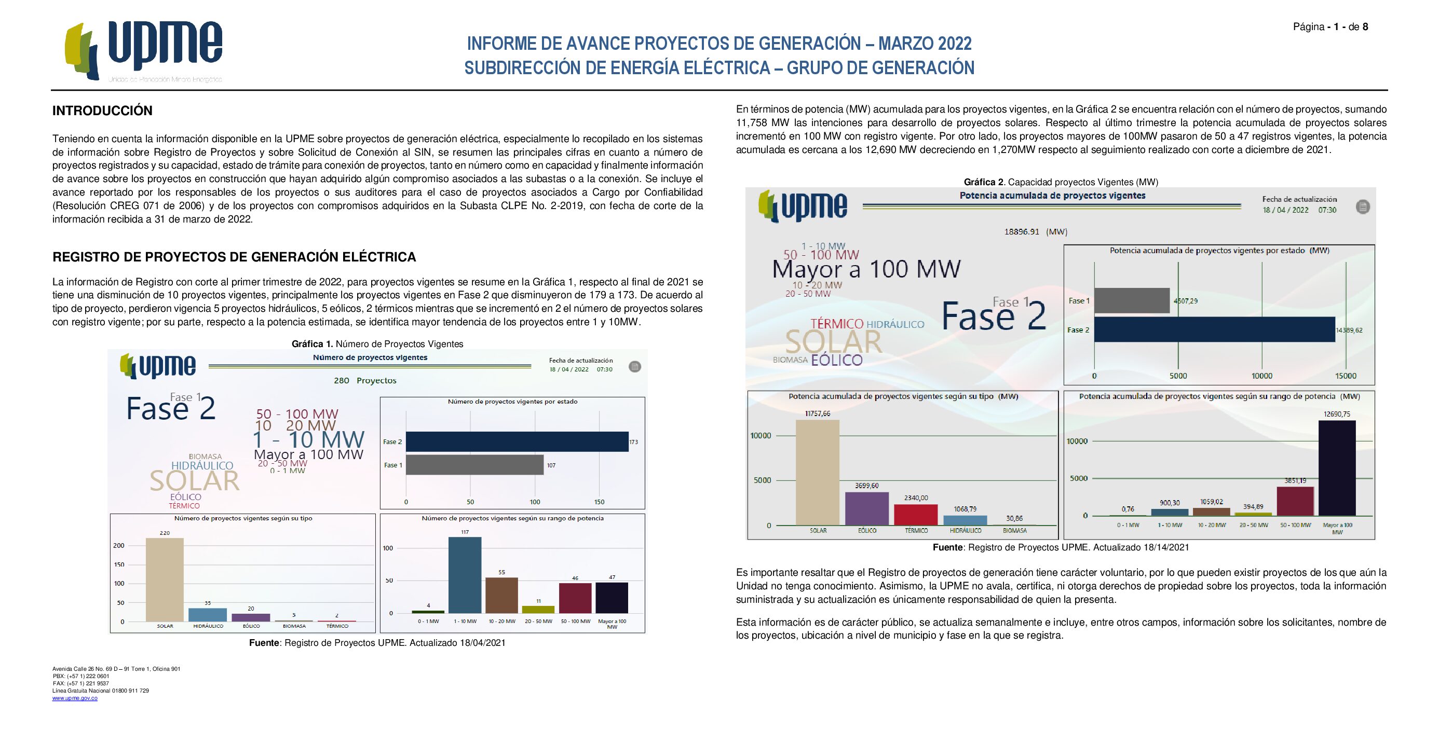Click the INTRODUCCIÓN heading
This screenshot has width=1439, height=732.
(102, 111)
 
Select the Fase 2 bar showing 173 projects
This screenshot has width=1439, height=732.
(517, 441)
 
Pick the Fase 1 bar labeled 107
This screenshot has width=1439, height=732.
(474, 464)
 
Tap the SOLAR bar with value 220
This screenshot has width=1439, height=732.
(164, 579)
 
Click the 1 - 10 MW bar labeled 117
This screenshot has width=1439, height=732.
(465, 575)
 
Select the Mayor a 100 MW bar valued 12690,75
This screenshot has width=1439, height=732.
(1337, 468)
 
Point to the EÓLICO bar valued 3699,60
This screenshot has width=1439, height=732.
(866, 508)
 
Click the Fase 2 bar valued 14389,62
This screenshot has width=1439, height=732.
(1214, 329)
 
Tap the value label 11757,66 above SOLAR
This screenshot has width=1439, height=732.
(817, 414)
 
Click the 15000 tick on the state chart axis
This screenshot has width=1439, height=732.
(1345, 376)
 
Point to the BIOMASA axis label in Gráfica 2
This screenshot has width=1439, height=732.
(1014, 530)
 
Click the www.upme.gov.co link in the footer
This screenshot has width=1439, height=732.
(75, 698)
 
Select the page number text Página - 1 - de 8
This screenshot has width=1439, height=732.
(1330, 27)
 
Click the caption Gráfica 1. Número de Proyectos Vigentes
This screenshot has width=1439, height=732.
(377, 344)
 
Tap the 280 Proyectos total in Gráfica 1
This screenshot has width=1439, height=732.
(365, 381)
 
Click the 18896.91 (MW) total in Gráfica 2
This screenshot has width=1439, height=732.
(1035, 232)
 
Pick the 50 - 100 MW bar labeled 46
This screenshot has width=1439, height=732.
(575, 598)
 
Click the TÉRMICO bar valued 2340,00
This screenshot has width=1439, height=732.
(916, 514)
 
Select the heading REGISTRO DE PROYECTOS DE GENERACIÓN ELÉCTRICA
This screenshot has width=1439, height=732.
(234, 257)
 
